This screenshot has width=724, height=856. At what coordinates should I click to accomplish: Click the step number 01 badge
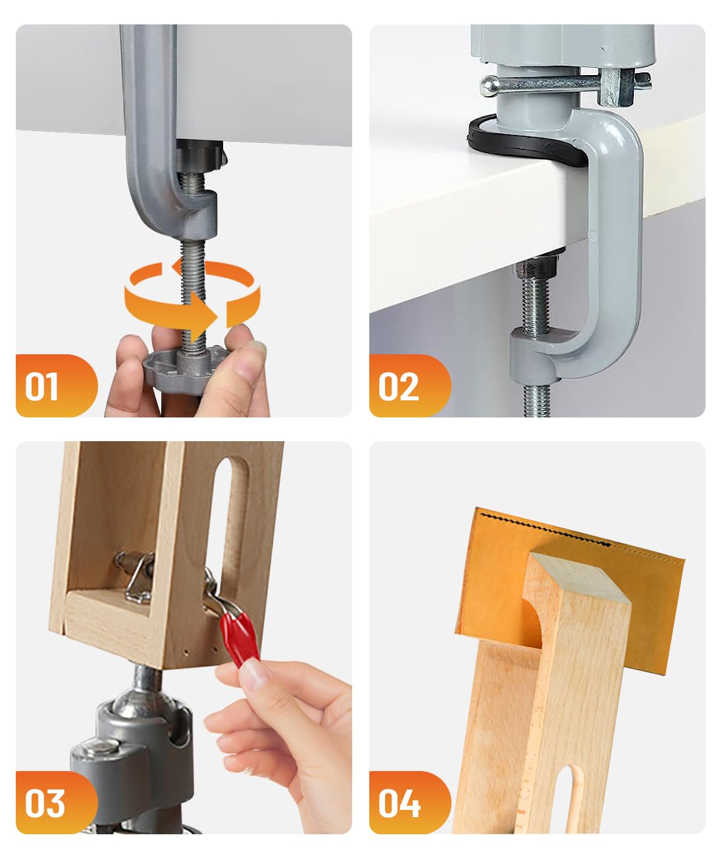tap(57, 386)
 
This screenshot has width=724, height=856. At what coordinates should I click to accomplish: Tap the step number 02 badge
tap(410, 386)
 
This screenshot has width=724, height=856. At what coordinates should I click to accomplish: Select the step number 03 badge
tap(57, 803)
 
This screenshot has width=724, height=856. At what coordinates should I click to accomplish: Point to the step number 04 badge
tap(410, 803)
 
